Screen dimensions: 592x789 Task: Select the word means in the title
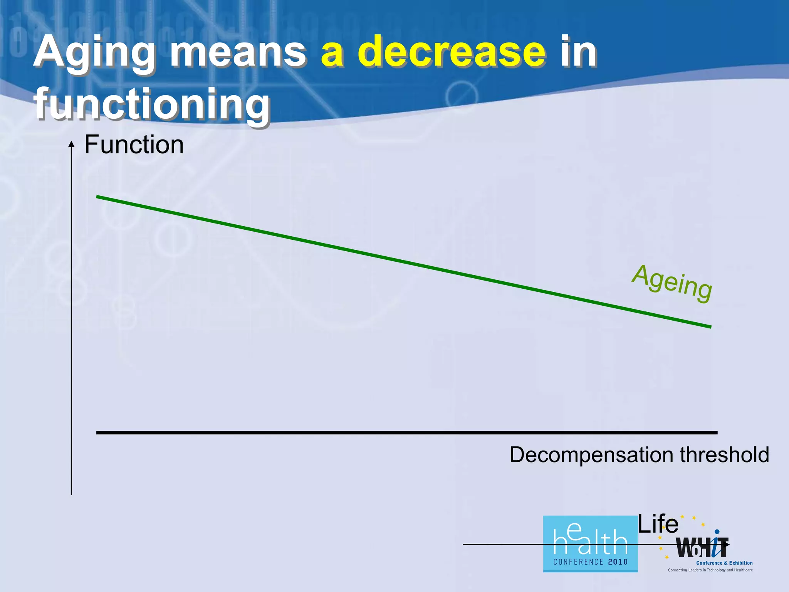(238, 53)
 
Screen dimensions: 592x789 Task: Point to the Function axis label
(134, 145)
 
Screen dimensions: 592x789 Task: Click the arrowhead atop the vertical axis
(71, 144)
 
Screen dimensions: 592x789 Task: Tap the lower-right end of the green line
(710, 326)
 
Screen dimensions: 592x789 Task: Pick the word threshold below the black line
(724, 455)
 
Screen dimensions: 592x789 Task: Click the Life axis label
(658, 525)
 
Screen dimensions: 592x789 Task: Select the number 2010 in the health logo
(618, 562)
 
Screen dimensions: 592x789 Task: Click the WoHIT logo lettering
(702, 548)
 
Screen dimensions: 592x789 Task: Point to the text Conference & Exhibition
(724, 563)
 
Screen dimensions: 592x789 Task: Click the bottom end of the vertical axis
(71, 493)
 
